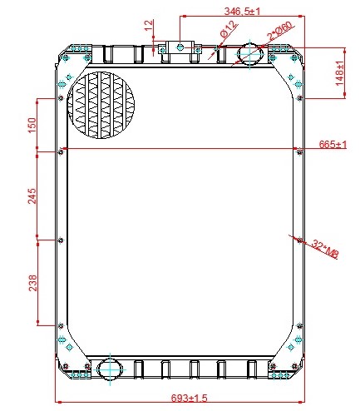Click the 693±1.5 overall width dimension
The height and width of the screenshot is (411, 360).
[x=189, y=399]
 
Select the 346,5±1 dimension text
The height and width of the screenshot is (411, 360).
[x=242, y=12]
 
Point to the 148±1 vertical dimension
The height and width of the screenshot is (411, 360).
[x=340, y=73]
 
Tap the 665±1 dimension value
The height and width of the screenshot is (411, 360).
[x=333, y=144]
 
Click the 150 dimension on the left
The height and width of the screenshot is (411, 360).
[x=32, y=125]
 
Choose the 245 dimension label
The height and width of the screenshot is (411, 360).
[x=32, y=196]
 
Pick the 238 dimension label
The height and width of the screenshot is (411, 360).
[x=32, y=283]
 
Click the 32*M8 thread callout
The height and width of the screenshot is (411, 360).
[x=325, y=249]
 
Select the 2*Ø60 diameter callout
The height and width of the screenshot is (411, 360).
[x=279, y=31]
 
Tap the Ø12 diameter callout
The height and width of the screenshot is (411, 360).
[x=229, y=29]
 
